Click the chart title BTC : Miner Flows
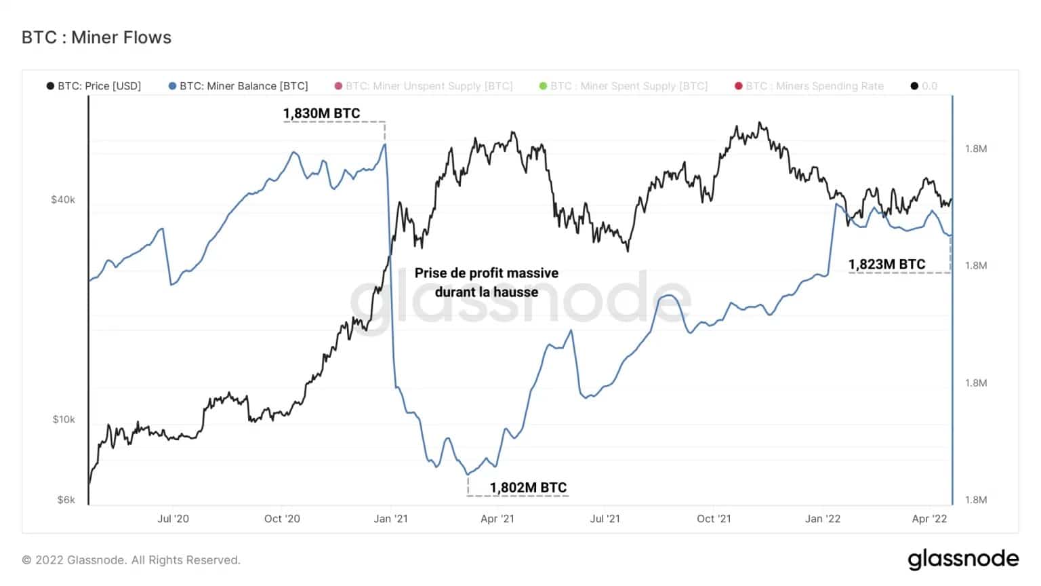96,37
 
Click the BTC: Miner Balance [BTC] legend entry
238,86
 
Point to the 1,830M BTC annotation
321,113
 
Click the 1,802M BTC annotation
528,487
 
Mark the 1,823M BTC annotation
886,265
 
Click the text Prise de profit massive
487,273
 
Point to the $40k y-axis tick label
63,199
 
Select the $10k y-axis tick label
64,419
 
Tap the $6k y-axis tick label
66,500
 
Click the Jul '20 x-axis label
173,519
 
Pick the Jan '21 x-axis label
391,519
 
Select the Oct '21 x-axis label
714,519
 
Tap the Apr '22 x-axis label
929,519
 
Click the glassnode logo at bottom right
963,559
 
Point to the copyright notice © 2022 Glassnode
131,560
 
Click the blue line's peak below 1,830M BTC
385,144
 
